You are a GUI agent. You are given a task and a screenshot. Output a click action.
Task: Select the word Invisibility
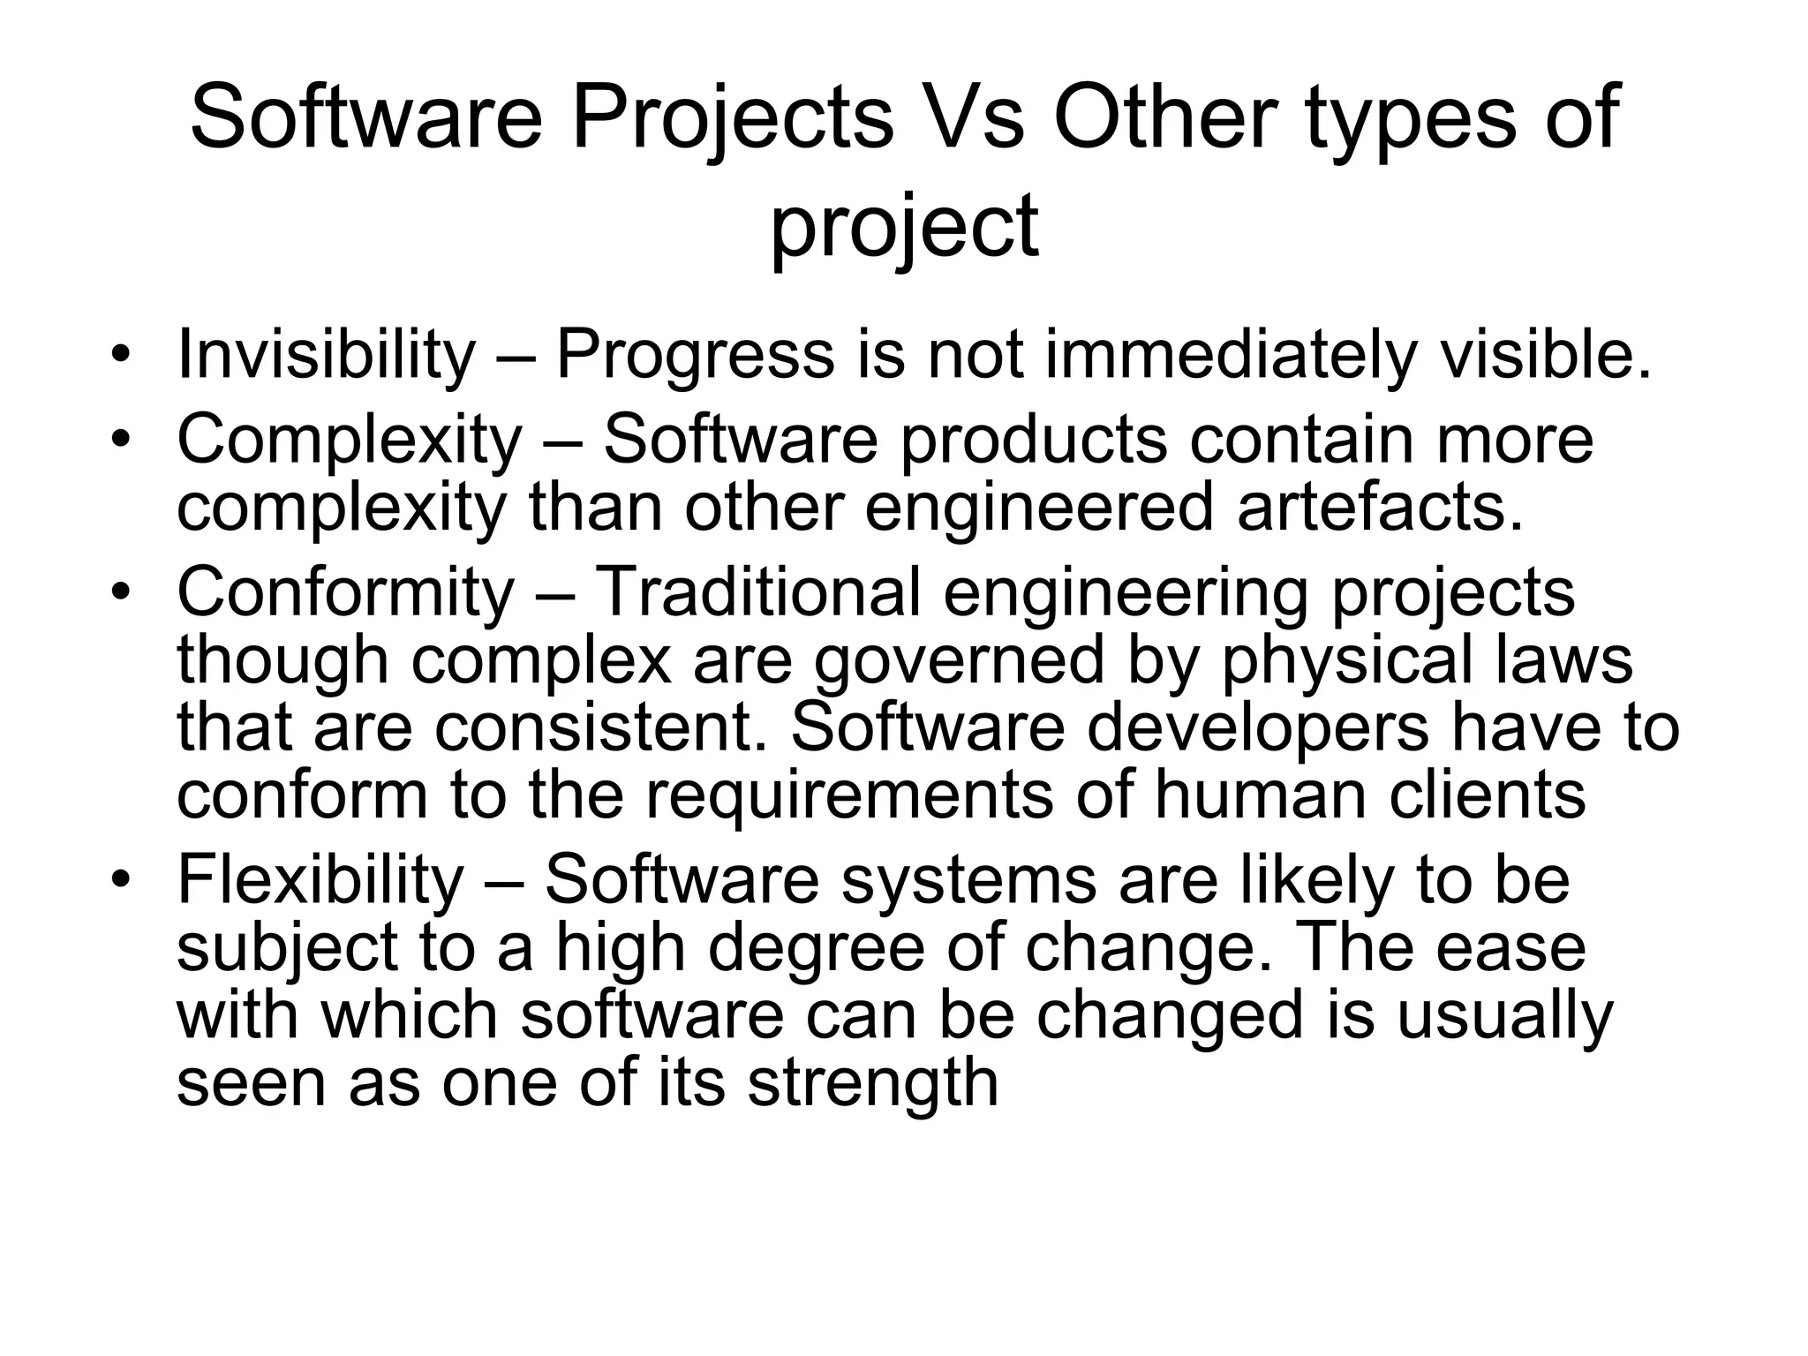tap(326, 356)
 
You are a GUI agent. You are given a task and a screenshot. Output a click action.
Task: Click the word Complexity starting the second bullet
tap(350, 441)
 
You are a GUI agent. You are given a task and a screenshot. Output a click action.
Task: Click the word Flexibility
tap(320, 879)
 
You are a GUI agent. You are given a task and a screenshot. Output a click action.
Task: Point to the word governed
tap(959, 660)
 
